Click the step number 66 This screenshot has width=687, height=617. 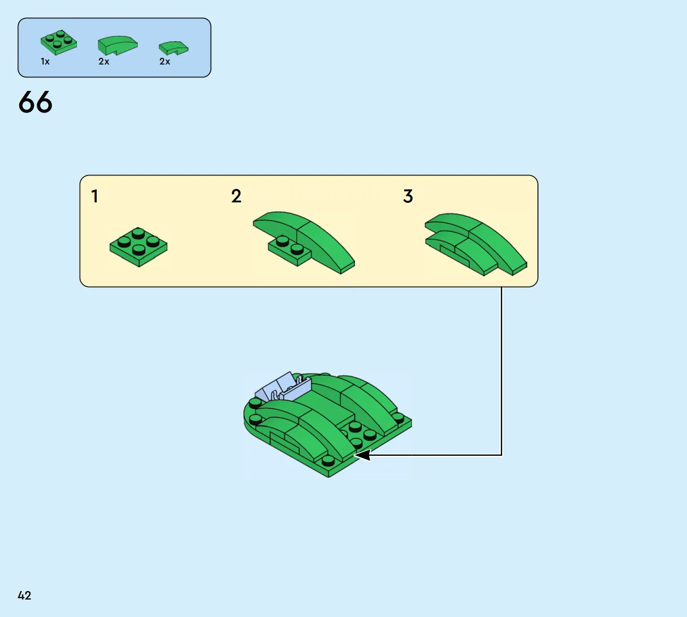35,102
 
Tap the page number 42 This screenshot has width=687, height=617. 25,596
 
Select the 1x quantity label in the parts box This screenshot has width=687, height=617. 45,61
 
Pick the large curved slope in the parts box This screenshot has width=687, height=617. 118,45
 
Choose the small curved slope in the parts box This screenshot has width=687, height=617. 173,48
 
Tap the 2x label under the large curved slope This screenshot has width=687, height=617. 104,61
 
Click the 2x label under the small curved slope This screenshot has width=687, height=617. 165,61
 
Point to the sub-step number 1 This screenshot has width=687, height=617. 94,196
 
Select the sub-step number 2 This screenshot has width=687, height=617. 236,196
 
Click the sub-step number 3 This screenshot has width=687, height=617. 408,196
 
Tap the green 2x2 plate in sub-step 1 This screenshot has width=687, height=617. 138,247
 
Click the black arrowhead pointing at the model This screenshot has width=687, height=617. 362,455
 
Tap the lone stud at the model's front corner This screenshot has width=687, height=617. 328,461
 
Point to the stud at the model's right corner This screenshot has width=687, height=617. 398,418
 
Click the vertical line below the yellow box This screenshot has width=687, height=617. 502,371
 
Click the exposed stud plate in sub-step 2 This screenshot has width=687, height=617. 289,250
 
